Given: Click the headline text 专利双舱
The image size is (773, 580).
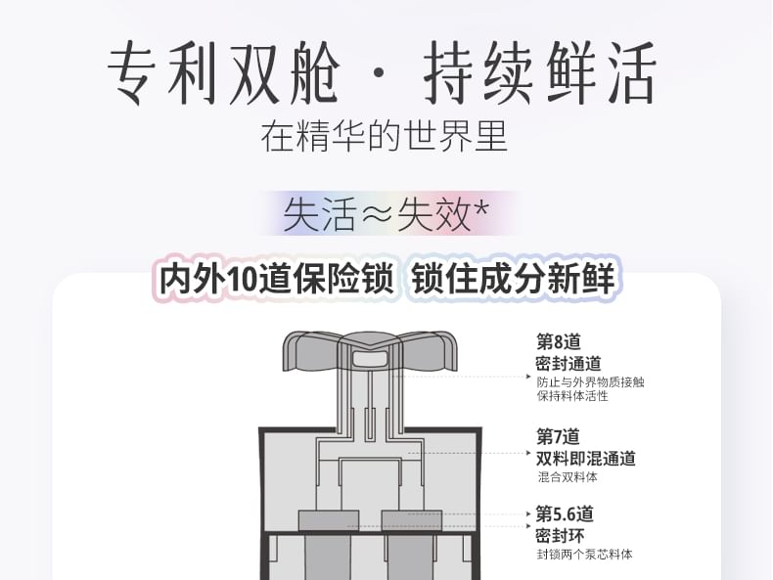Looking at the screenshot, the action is tap(224, 73).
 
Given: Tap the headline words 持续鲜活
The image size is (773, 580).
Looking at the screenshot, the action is tap(540, 73).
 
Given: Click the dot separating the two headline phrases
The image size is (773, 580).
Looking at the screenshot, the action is tap(379, 74).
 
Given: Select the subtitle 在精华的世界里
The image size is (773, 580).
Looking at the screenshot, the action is tap(384, 137).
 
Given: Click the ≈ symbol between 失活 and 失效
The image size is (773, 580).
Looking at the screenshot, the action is tap(377, 214).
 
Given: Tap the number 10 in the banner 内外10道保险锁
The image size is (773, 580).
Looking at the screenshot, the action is tap(241, 280).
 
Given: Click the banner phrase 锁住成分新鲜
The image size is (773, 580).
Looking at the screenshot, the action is tap(513, 279).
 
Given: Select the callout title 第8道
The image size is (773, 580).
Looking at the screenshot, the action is tap(559, 341).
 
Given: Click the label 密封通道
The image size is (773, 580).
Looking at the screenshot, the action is tap(568, 364).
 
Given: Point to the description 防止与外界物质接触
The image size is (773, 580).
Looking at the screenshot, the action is tap(591, 381).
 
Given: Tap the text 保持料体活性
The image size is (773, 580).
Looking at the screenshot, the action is tap(572, 396).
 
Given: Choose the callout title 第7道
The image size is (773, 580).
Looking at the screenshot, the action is tap(558, 436).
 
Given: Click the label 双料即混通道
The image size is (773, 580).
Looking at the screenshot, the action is tap(586, 459).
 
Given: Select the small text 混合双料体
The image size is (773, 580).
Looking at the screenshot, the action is tap(568, 476).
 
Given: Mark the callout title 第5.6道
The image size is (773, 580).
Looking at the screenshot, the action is tap(565, 513).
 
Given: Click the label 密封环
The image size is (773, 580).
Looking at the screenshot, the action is tap(560, 536).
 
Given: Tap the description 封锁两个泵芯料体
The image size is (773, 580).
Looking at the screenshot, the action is tap(585, 555).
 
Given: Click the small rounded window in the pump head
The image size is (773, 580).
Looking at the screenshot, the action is tap(370, 358).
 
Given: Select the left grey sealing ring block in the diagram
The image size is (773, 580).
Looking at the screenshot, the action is tap(329, 521).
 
